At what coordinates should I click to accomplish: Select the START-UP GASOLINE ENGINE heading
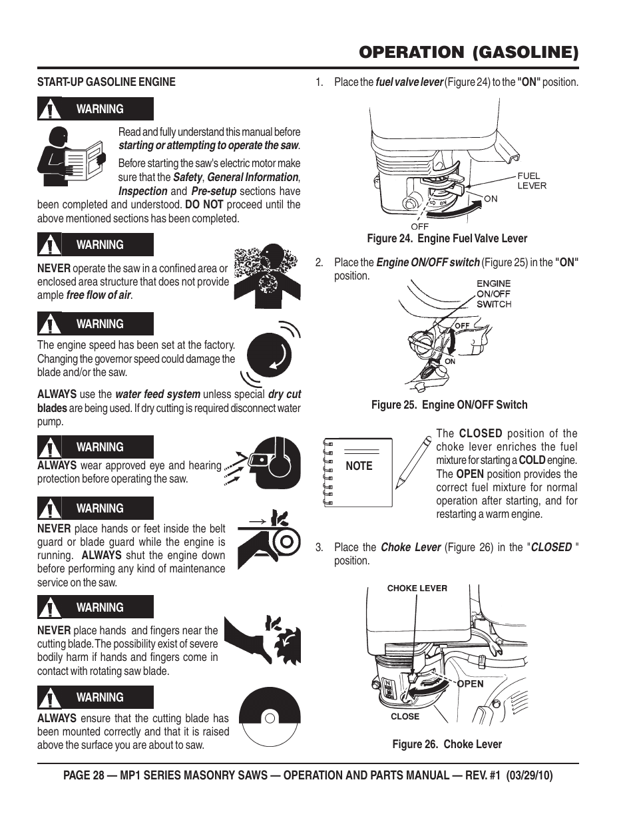pyautogui.click(x=106, y=82)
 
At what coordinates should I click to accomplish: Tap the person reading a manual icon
pyautogui.click(x=69, y=156)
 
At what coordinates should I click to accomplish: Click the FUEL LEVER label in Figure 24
pyautogui.click(x=531, y=180)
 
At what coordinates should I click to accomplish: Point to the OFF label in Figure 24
pyautogui.click(x=420, y=226)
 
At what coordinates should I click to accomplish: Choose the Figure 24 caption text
pyautogui.click(x=447, y=238)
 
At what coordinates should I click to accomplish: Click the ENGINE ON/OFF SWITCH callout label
pyautogui.click(x=493, y=294)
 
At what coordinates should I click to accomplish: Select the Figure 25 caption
pyautogui.click(x=449, y=405)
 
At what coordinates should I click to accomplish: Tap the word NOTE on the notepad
pyautogui.click(x=359, y=466)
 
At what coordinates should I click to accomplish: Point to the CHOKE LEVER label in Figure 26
pyautogui.click(x=417, y=588)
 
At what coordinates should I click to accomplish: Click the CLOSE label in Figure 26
pyautogui.click(x=405, y=717)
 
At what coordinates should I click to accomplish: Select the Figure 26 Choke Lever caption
pyautogui.click(x=447, y=744)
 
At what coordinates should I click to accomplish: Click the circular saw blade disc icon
pyautogui.click(x=269, y=718)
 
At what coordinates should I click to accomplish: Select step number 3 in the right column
pyautogui.click(x=319, y=547)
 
